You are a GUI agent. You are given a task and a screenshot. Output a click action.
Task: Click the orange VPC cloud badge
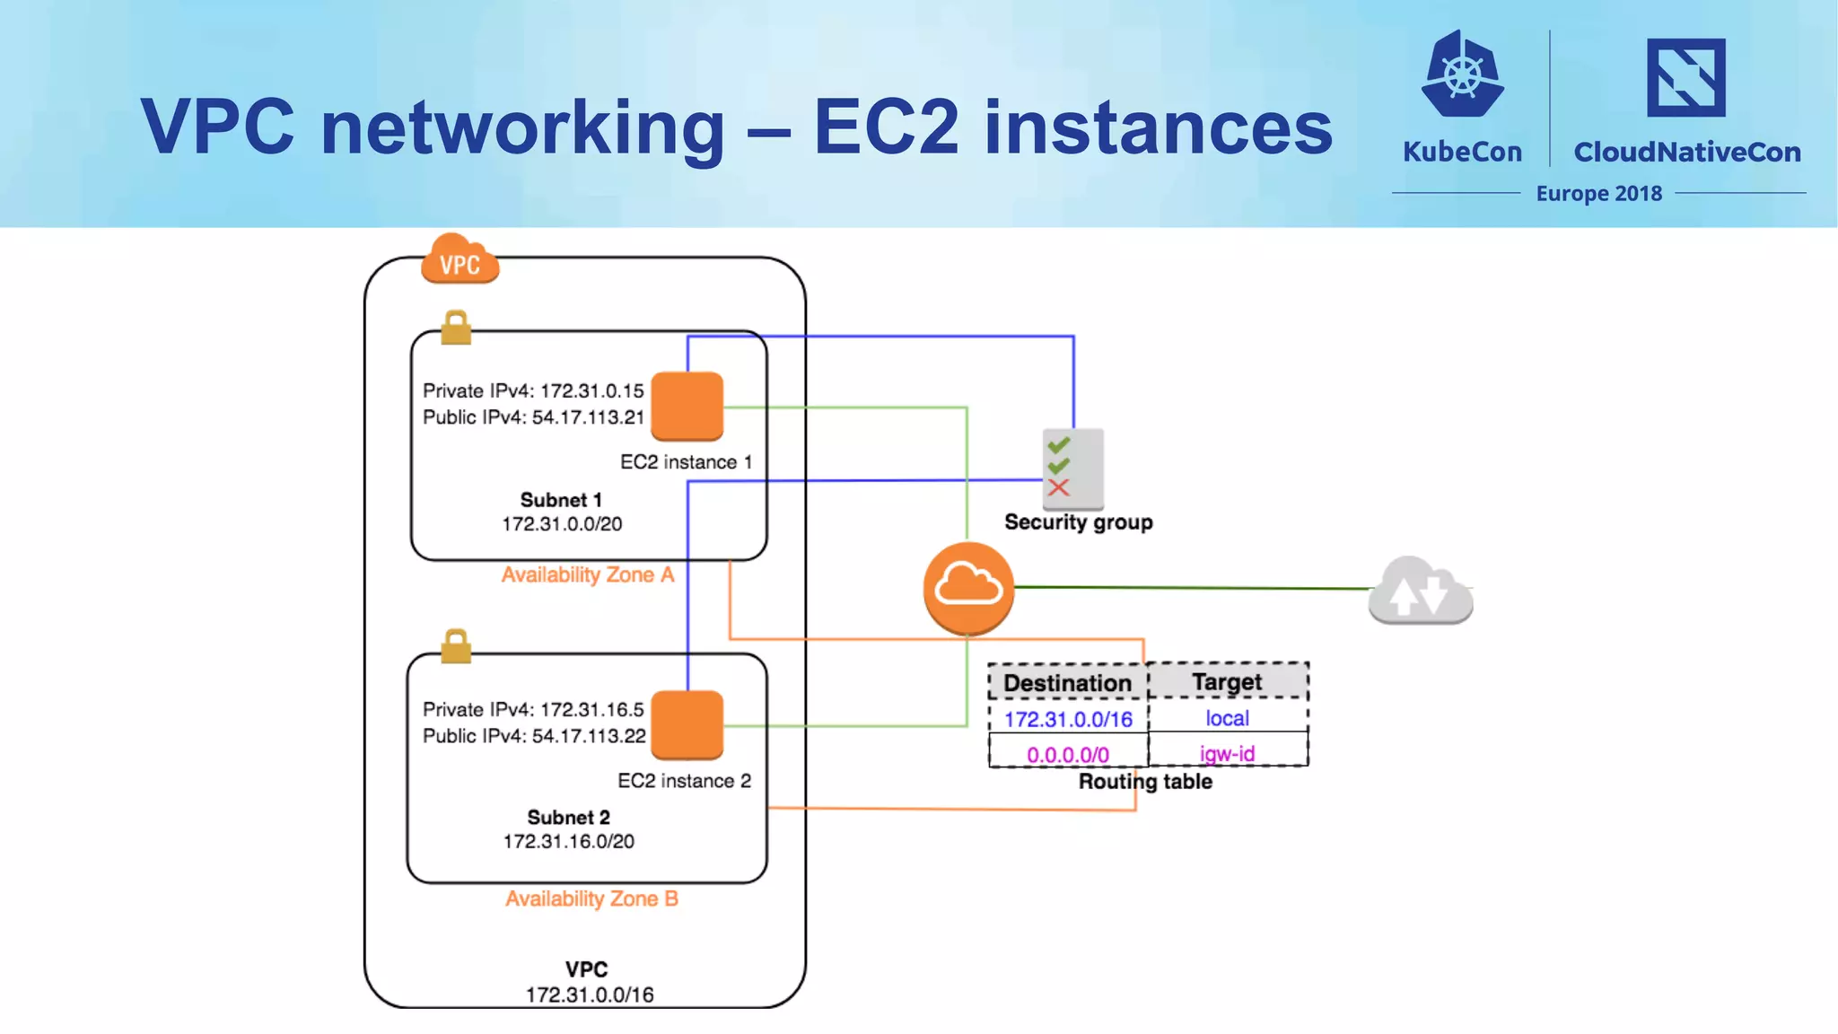click(x=459, y=260)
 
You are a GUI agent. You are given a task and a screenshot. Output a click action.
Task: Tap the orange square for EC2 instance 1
click(x=687, y=406)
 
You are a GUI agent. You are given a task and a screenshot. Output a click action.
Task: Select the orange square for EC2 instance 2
click(x=687, y=723)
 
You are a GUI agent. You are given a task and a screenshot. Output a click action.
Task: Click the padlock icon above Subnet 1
click(x=456, y=329)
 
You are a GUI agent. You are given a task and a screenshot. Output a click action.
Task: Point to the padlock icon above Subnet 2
click(x=456, y=646)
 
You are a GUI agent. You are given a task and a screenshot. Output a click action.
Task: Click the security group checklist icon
click(x=1072, y=469)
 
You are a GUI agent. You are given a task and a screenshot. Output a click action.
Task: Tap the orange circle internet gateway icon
click(x=968, y=588)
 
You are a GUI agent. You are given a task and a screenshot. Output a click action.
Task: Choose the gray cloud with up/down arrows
click(x=1420, y=591)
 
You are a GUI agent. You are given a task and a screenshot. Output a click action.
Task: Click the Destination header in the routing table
click(x=1067, y=683)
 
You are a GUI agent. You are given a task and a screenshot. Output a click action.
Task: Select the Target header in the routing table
click(x=1227, y=681)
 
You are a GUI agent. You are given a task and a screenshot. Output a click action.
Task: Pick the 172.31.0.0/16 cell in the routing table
click(x=1068, y=719)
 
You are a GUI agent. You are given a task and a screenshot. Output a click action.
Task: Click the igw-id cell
click(x=1227, y=753)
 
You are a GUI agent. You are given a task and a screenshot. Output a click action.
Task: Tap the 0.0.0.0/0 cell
click(x=1068, y=754)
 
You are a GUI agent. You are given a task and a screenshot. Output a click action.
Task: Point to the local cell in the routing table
click(x=1227, y=718)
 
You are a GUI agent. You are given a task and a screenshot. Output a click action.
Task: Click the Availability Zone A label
click(x=587, y=574)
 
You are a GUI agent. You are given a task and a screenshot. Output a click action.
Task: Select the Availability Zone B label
click(x=591, y=898)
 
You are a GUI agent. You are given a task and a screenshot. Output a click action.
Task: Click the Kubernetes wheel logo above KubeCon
click(x=1462, y=75)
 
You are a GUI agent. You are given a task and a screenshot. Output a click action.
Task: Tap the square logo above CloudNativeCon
click(x=1685, y=78)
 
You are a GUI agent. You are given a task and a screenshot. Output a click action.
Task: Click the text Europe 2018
click(x=1598, y=194)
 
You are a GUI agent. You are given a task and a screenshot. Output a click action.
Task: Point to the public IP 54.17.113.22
click(x=588, y=736)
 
